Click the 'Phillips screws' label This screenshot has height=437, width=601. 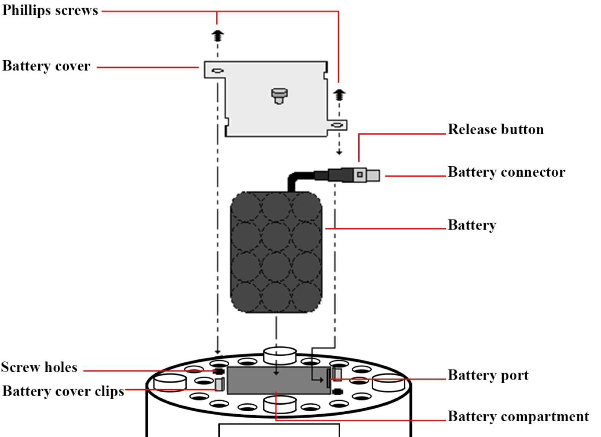(50, 10)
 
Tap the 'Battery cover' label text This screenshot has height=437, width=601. (46, 66)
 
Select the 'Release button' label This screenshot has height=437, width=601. (496, 129)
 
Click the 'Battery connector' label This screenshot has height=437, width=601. (506, 172)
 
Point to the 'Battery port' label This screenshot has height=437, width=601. (488, 375)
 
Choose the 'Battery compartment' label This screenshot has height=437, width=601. (518, 417)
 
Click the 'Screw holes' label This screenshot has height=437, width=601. (39, 367)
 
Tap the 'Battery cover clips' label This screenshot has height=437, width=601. (63, 391)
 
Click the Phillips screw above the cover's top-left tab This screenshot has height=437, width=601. (217, 36)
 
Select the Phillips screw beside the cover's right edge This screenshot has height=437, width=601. (339, 95)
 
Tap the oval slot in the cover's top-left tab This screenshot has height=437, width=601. (217, 71)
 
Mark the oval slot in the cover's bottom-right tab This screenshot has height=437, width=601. (337, 125)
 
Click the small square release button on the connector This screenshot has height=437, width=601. (360, 175)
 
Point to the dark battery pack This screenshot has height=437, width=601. (276, 252)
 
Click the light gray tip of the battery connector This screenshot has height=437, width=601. (373, 175)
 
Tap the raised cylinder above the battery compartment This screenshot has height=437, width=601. (280, 355)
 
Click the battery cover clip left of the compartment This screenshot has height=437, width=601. (219, 384)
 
